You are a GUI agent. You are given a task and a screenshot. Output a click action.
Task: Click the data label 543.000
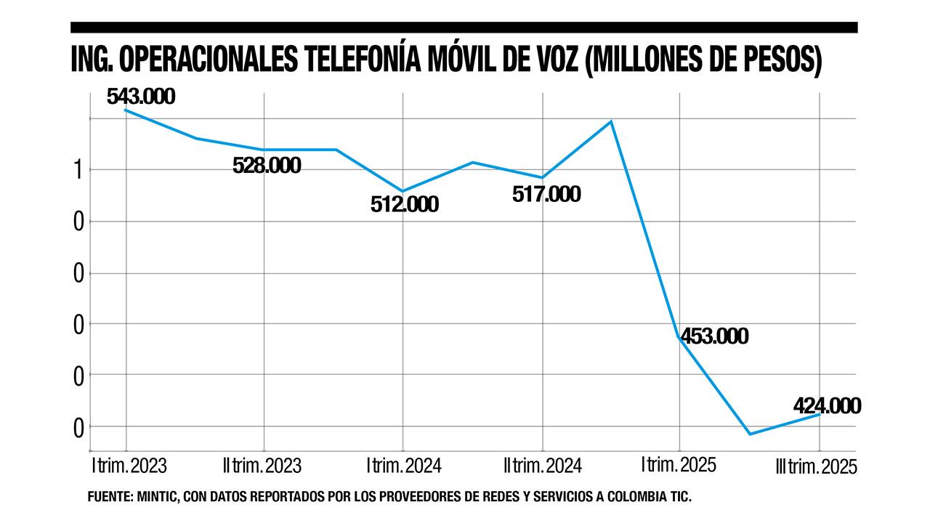pyautogui.click(x=141, y=97)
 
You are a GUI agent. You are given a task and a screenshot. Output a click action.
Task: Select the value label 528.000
pyautogui.click(x=267, y=165)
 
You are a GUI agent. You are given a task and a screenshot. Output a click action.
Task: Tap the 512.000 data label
pyautogui.click(x=404, y=204)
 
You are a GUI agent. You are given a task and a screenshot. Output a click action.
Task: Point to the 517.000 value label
pyautogui.click(x=546, y=194)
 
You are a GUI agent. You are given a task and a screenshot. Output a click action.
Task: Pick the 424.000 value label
pyautogui.click(x=827, y=405)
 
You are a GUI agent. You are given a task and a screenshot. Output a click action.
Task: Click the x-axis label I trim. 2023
pyautogui.click(x=129, y=465)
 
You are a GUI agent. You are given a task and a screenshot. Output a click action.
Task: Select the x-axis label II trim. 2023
pyautogui.click(x=263, y=465)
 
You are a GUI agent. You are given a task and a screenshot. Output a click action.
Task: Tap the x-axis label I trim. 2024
pyautogui.click(x=404, y=465)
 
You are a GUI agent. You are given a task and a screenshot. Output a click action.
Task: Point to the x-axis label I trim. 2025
pyautogui.click(x=679, y=465)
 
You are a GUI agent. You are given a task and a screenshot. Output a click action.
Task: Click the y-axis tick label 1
pyautogui.click(x=78, y=170)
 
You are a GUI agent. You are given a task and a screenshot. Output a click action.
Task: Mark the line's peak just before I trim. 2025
pyautogui.click(x=611, y=121)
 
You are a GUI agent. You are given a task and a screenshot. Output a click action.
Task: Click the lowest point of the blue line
pyautogui.click(x=749, y=434)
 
